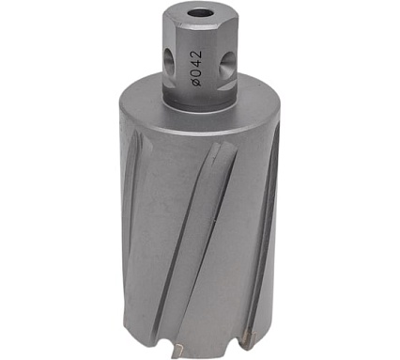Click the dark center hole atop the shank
[x=200, y=13]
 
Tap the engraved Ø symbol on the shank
[x=197, y=81]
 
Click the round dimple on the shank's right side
[x=227, y=65]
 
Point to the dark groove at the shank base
[x=200, y=104]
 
